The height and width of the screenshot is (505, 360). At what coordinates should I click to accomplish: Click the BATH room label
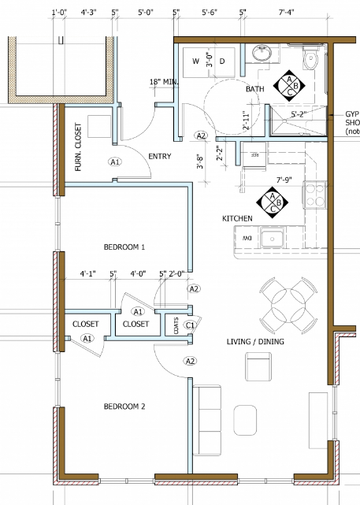tap(254, 90)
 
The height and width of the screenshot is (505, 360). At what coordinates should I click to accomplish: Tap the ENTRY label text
tap(159, 156)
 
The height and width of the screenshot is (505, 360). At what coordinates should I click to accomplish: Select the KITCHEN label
tap(236, 217)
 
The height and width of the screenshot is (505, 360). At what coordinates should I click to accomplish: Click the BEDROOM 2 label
tap(124, 407)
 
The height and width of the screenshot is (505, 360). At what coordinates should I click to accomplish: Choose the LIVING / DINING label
tap(255, 342)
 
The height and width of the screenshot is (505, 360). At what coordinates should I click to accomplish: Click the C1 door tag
tap(190, 325)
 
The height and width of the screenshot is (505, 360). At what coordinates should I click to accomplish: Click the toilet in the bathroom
tap(311, 58)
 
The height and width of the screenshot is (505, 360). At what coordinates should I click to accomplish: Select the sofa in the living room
tap(209, 420)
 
